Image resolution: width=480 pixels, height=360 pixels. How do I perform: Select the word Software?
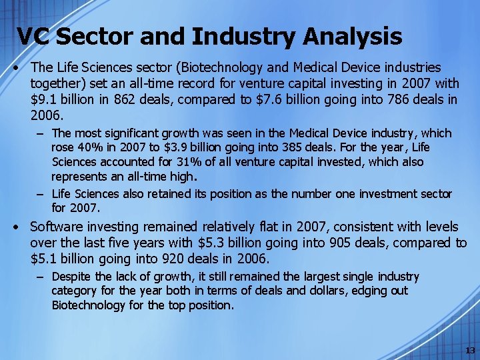tap(56, 227)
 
